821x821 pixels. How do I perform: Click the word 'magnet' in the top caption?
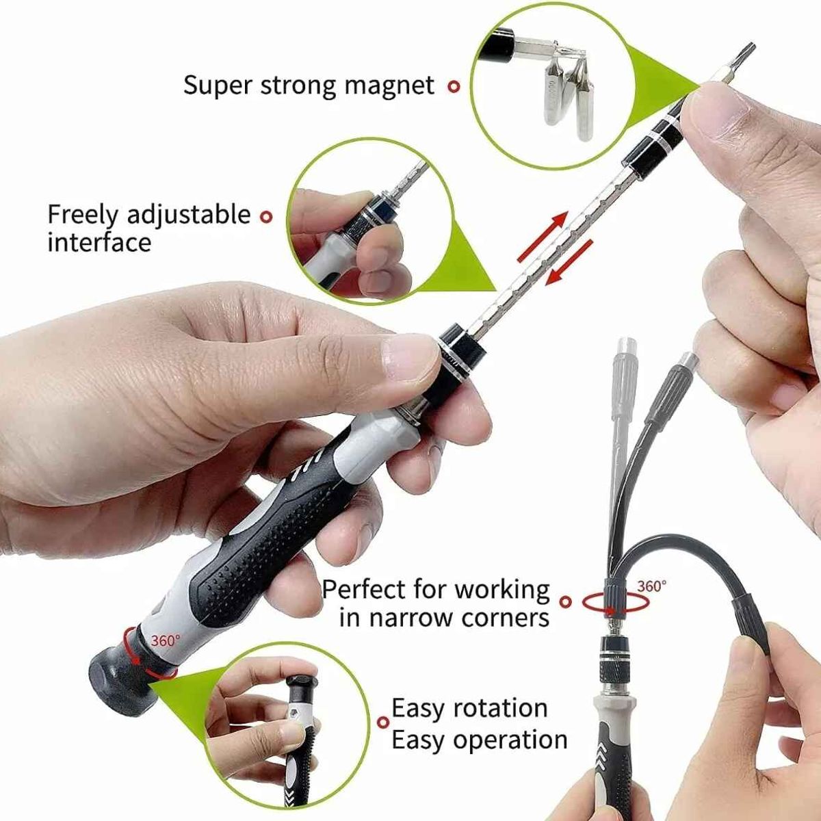click(x=389, y=86)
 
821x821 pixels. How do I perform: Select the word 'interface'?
click(x=99, y=242)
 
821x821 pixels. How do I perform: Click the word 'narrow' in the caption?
click(x=411, y=618)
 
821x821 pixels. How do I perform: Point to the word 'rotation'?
click(x=500, y=709)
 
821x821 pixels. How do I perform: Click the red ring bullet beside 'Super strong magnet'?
click(x=454, y=87)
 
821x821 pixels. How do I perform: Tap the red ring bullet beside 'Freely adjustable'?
click(x=266, y=217)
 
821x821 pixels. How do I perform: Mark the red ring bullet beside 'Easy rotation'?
click(x=383, y=722)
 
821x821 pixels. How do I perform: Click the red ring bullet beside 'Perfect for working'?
click(x=566, y=601)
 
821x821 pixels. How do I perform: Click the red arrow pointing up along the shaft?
click(x=541, y=237)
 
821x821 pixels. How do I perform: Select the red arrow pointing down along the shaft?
click(x=569, y=262)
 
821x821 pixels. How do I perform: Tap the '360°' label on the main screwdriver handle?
click(x=166, y=640)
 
